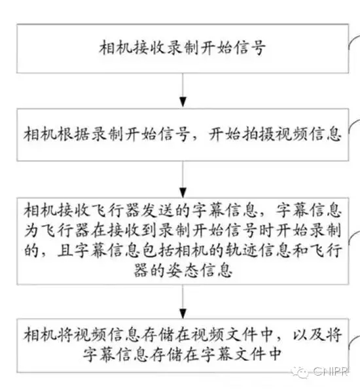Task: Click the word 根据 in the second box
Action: [x=74, y=134]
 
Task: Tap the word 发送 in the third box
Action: [x=158, y=211]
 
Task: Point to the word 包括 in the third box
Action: [x=158, y=250]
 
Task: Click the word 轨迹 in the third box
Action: [x=242, y=250]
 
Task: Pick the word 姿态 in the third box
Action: [x=184, y=270]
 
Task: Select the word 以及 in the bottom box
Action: [x=309, y=335]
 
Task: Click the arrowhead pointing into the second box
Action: [x=183, y=102]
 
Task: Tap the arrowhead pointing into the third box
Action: [x=183, y=192]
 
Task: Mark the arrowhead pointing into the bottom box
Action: [x=183, y=313]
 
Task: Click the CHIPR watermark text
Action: [x=330, y=372]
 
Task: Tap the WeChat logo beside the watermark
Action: [x=300, y=372]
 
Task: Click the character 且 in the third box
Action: [x=65, y=250]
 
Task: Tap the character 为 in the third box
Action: [x=31, y=230]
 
